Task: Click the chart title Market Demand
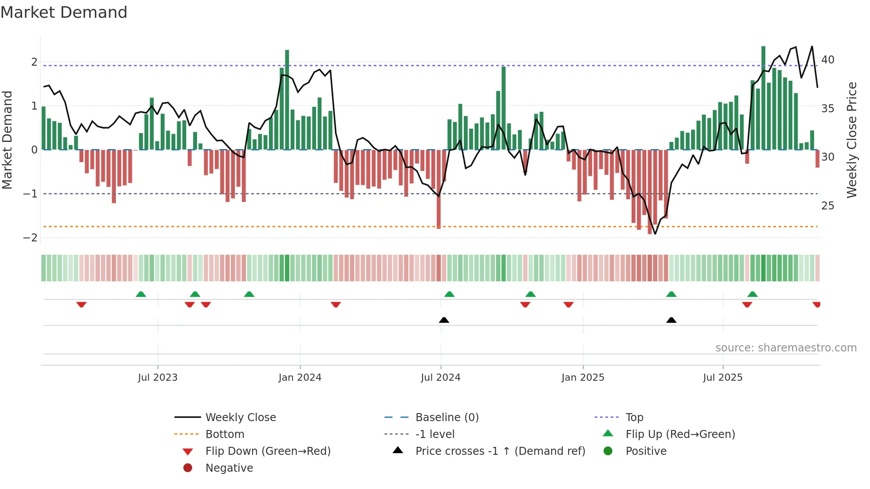click(x=64, y=12)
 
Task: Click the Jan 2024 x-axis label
click(x=300, y=378)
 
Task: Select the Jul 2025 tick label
click(x=722, y=378)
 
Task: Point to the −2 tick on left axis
click(x=31, y=238)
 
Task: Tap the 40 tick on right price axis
click(x=828, y=60)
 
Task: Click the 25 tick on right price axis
click(x=828, y=206)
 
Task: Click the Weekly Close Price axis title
click(x=851, y=140)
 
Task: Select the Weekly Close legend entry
click(x=240, y=418)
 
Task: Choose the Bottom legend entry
click(x=225, y=434)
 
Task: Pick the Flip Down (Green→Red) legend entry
click(x=268, y=451)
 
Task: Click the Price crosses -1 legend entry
click(x=500, y=451)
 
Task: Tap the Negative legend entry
click(x=229, y=468)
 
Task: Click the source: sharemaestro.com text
click(x=786, y=348)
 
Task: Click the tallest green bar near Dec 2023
click(x=287, y=100)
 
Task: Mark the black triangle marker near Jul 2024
click(x=444, y=320)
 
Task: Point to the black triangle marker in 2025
click(x=671, y=320)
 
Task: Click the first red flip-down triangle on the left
click(x=81, y=304)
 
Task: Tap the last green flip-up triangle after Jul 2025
click(x=752, y=294)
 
